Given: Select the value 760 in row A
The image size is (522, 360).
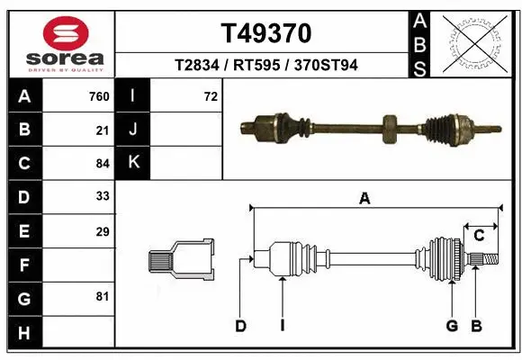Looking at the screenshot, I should pos(98,96).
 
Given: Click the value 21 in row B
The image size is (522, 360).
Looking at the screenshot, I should pos(102,130).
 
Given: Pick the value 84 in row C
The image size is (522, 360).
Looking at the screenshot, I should pos(102,164).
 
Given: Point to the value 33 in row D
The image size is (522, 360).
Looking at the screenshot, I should pos(102,196).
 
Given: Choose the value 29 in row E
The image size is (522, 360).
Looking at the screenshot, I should pos(102,231).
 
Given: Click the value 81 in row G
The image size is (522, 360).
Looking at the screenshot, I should pos(102,296).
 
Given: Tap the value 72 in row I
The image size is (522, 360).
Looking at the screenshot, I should pos(211,96).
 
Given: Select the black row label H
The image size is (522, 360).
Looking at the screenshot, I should pos(23,332).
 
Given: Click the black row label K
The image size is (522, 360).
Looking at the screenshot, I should pos(132,162).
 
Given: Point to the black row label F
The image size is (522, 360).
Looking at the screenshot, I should pos(23,265).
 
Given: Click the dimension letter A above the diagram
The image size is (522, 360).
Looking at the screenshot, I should pos(364,200).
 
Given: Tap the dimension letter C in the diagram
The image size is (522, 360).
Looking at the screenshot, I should pos(479,236).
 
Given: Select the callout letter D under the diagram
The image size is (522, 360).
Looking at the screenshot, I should pos(240,326).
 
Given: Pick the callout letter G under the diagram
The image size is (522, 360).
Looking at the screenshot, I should pos(452,326).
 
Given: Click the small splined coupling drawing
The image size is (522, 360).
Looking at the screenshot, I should pos(181,258).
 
